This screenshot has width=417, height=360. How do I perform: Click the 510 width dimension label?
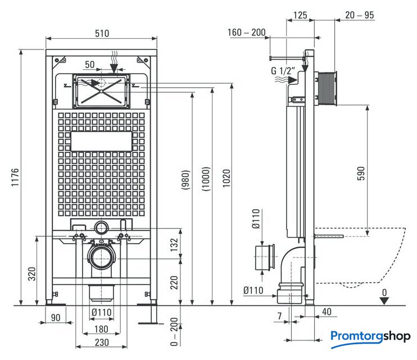click(x=102, y=33)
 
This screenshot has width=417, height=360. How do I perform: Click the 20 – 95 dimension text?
click(x=360, y=15)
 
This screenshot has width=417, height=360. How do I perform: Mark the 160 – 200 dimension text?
click(x=247, y=32)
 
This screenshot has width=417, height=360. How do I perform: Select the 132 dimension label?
click(x=174, y=243)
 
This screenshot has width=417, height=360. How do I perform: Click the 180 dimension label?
click(x=102, y=329)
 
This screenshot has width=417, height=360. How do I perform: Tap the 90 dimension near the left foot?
click(x=55, y=318)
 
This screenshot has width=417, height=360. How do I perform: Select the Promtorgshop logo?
click(x=370, y=336)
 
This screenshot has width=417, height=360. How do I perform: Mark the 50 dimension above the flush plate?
click(x=90, y=65)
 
